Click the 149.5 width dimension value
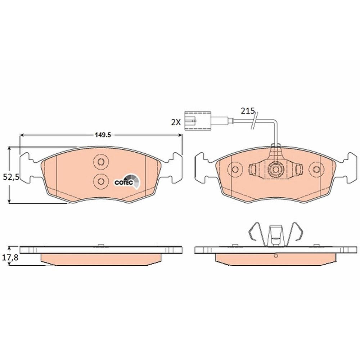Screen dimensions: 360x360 (x=103, y=135)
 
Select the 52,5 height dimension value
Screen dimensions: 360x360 (x=10, y=177)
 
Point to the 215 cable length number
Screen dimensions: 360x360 (x=248, y=111)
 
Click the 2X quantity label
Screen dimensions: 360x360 (x=176, y=122)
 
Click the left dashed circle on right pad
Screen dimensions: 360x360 (x=235, y=170)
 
